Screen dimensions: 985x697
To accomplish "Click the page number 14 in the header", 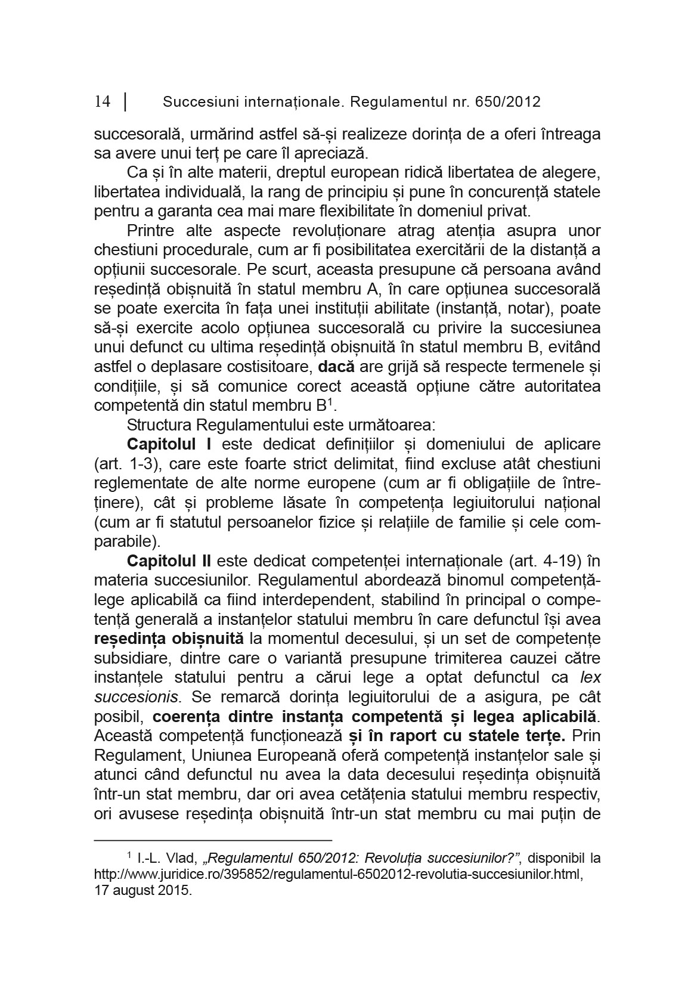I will point(102,102).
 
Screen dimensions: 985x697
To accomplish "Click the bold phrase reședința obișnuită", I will point(169,638).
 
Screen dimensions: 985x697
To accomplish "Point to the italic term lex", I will point(590,677).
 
